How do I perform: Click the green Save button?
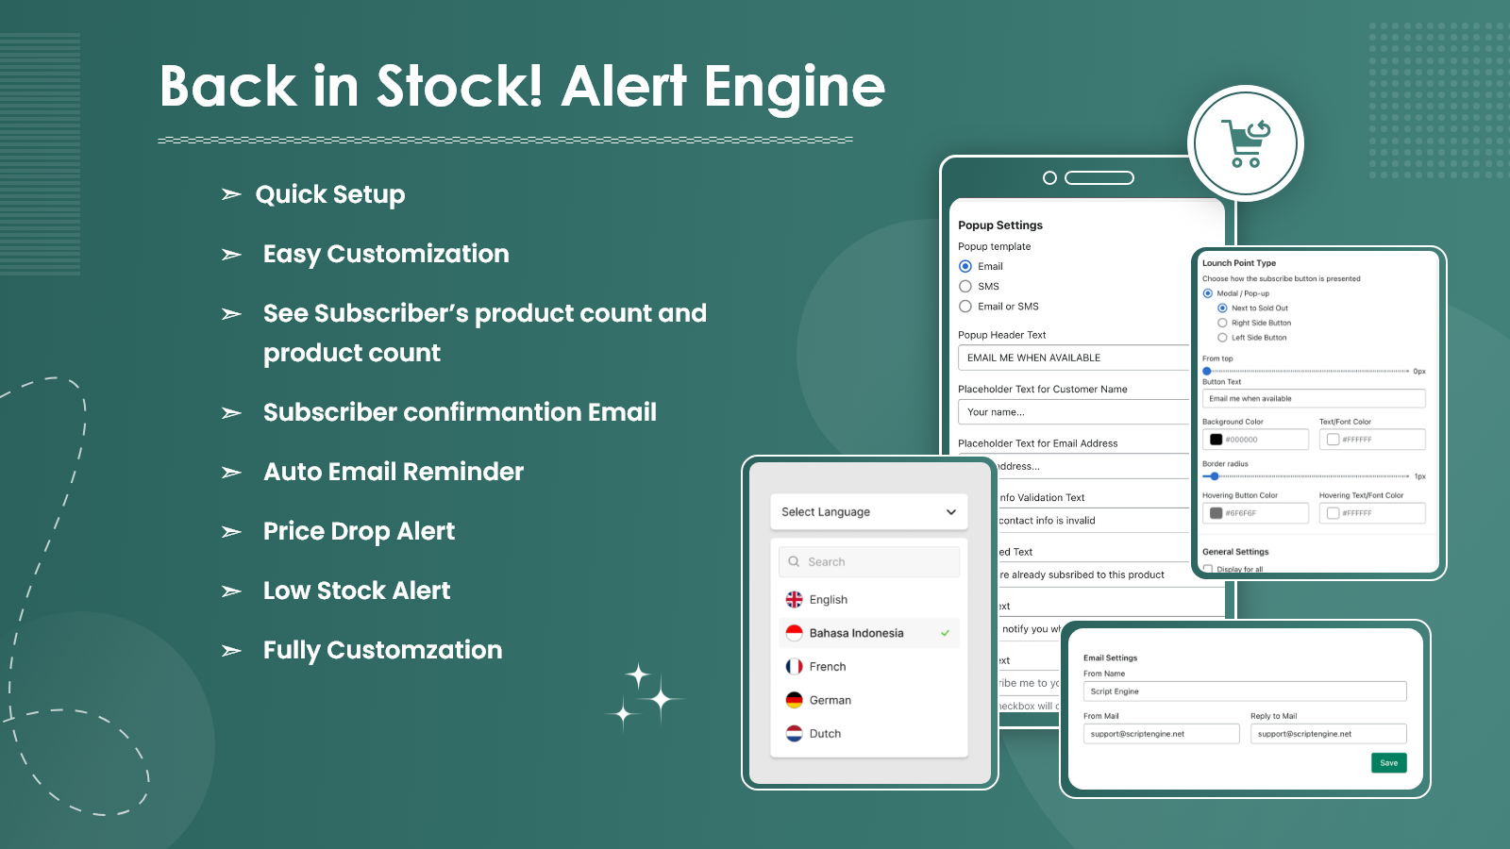click(1388, 763)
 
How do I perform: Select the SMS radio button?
click(965, 287)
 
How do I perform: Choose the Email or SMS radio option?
click(965, 307)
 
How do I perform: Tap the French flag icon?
click(795, 667)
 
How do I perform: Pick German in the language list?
click(830, 700)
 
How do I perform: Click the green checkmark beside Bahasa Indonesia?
click(945, 633)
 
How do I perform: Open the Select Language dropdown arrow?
click(950, 512)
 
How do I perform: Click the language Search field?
click(869, 562)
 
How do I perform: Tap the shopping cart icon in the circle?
click(1246, 143)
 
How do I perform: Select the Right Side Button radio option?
click(1222, 323)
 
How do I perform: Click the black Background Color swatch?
click(1216, 440)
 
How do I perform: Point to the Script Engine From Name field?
click(1244, 691)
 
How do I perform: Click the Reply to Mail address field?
click(1328, 734)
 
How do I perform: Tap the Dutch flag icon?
click(795, 734)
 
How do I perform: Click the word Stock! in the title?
click(460, 87)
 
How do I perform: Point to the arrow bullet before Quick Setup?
click(231, 195)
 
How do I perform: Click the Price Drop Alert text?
click(359, 531)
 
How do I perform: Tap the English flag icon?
click(795, 600)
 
